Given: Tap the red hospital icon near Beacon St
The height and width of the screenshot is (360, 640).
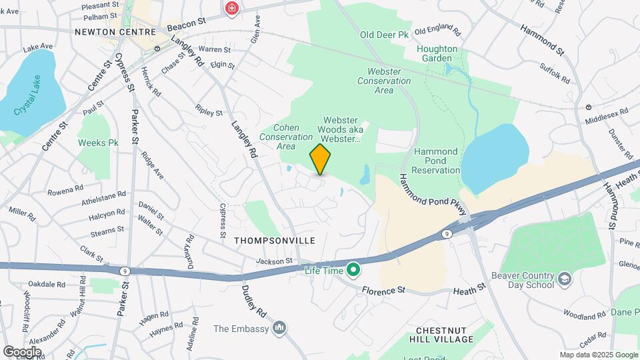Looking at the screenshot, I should point(232,9).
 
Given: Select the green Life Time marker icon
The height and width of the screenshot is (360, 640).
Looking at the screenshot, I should point(353,270).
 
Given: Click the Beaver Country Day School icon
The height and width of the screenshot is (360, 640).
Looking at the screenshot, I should point(565,278).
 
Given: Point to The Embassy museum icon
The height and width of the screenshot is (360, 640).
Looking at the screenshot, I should point(280,328).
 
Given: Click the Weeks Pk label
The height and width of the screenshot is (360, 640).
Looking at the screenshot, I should point(98,143).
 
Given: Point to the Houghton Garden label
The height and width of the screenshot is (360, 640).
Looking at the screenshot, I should point(437,53).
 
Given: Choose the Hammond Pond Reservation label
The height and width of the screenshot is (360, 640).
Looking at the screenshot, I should point(436,161).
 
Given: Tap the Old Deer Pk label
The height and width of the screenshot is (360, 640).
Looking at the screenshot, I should point(384,35).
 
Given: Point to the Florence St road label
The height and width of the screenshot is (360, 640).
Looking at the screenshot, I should point(384,291).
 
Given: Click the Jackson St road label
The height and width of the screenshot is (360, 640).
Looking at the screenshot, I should point(275,261).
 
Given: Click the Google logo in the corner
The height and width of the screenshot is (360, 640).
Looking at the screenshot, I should point(22,351).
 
